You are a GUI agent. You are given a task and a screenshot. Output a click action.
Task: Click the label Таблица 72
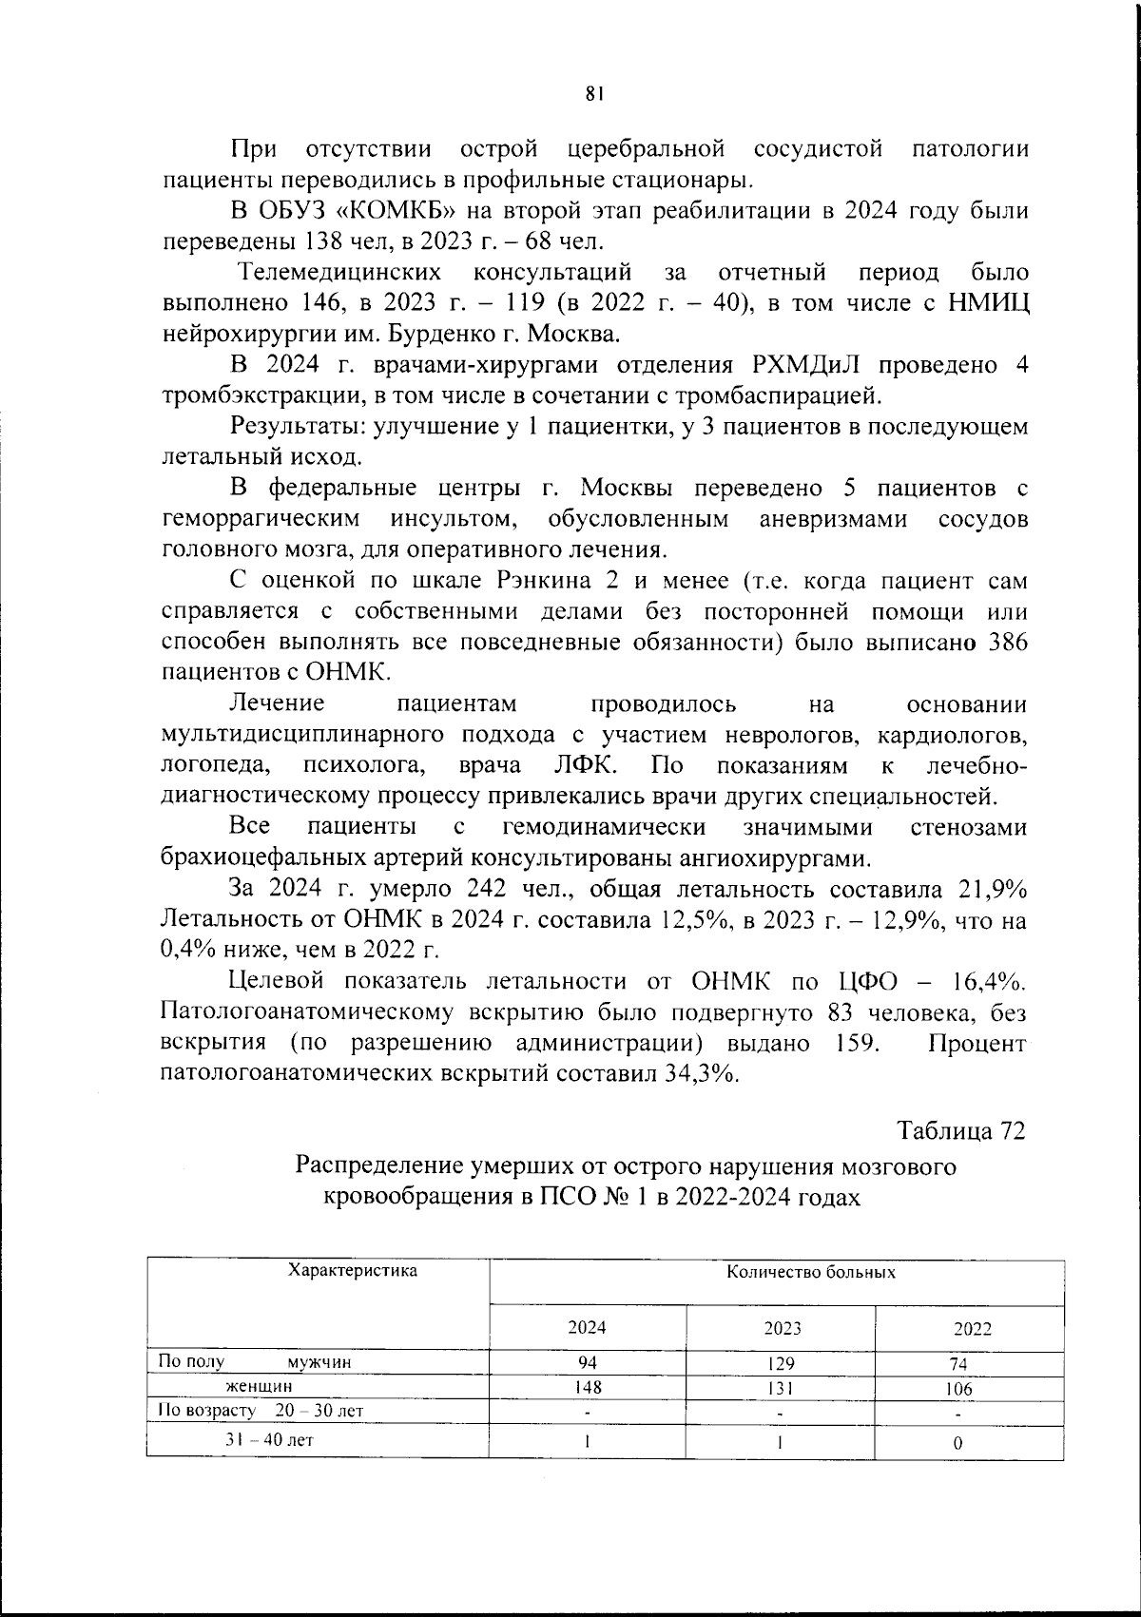961,1131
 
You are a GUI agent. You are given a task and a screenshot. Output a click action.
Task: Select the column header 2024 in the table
587,1327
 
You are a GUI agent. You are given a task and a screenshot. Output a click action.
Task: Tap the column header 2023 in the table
782,1328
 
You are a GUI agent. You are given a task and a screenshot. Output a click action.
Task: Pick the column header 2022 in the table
972,1329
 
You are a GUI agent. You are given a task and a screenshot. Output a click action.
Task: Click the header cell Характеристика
352,1270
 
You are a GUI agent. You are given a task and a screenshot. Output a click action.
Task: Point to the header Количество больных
810,1272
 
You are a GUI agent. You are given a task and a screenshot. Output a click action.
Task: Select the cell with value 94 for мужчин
588,1362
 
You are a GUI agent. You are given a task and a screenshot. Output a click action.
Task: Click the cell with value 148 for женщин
588,1387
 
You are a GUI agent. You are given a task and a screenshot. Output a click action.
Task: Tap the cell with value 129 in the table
781,1363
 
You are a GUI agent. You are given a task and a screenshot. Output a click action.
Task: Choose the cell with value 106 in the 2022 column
958,1389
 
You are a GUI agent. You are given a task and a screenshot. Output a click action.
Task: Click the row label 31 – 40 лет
269,1439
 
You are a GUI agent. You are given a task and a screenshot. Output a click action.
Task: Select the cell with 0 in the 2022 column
957,1442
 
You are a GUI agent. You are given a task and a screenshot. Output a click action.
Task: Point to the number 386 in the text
1007,643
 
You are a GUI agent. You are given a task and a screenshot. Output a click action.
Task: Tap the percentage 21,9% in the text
990,890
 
